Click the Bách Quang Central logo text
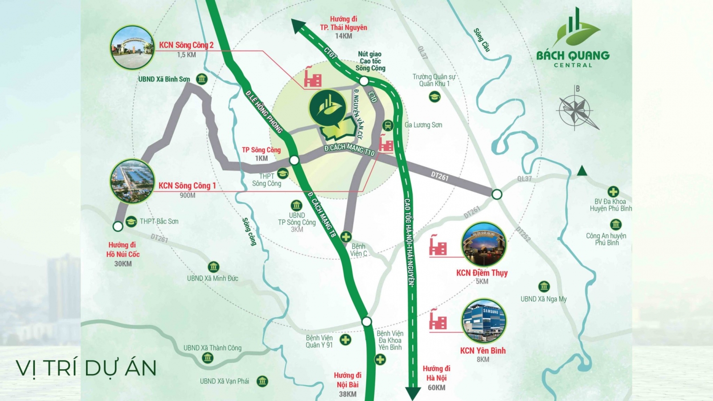pyautogui.click(x=573, y=56)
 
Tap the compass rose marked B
pyautogui.click(x=576, y=110)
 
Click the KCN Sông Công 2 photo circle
pyautogui.click(x=132, y=48)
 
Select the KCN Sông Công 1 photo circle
pyautogui.click(x=132, y=181)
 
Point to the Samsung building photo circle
pyautogui.click(x=484, y=321)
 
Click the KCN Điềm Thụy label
pyautogui.click(x=482, y=273)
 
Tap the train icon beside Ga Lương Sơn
pyautogui.click(x=388, y=125)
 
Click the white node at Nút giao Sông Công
pyautogui.click(x=364, y=81)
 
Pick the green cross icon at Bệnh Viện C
pyautogui.click(x=346, y=237)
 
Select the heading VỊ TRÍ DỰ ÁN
pyautogui.click(x=86, y=368)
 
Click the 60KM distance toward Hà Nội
pyautogui.click(x=436, y=388)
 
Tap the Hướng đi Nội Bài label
pyautogui.click(x=348, y=380)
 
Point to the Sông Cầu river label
pyautogui.click(x=482, y=40)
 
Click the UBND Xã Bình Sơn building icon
pyautogui.click(x=201, y=79)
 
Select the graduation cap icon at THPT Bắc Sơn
pyautogui.click(x=131, y=221)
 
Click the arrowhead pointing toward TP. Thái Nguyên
pyautogui.click(x=298, y=26)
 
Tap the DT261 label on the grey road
pyautogui.click(x=440, y=176)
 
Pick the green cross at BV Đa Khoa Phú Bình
pyautogui.click(x=613, y=192)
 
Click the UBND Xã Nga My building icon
pyautogui.click(x=544, y=286)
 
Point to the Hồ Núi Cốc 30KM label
pyautogui.click(x=123, y=254)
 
